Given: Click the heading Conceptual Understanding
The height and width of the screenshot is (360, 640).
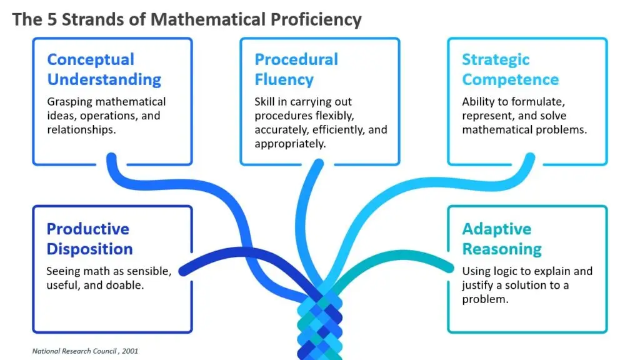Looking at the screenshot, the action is point(104,69).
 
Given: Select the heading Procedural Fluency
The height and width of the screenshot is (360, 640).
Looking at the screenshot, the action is point(296,69).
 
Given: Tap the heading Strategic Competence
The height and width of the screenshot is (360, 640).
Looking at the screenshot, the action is point(510,69).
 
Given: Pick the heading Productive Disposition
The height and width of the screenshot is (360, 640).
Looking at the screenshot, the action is point(89,239).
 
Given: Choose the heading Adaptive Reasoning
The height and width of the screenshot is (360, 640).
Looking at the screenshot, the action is point(502,239).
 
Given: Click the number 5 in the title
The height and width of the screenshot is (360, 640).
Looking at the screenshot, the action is point(52,19).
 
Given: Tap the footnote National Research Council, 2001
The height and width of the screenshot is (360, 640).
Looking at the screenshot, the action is point(85,351).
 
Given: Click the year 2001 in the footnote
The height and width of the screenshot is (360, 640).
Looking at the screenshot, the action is point(130,351).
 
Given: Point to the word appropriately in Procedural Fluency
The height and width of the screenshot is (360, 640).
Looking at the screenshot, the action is point(290,144).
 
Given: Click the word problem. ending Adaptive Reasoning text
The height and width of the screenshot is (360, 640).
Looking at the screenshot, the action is point(485,299).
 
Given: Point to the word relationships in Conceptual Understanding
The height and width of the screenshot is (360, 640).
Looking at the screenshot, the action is point(81,130).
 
